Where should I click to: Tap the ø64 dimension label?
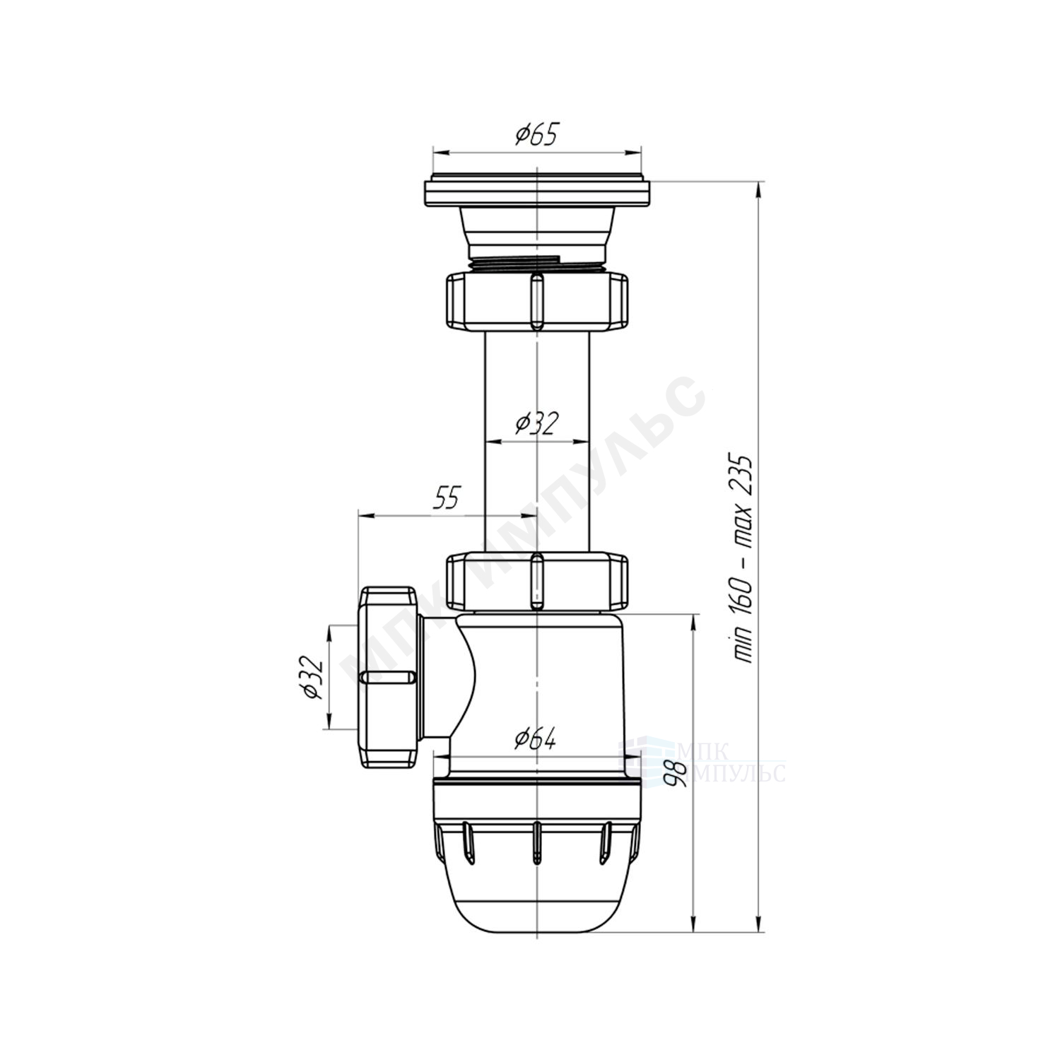536,739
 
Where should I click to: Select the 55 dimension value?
446,498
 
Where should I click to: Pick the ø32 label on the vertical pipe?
537,423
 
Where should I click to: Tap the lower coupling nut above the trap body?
536,582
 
